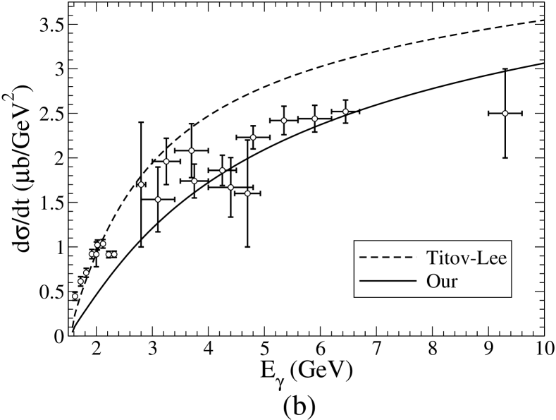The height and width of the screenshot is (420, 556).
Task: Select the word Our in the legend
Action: tap(442, 281)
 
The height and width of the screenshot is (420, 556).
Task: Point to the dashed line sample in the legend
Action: tap(388, 258)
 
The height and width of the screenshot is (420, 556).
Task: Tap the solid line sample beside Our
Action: tap(388, 281)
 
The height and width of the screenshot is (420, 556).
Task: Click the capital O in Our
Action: tap(433, 281)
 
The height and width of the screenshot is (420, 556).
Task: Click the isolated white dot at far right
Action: tap(505, 113)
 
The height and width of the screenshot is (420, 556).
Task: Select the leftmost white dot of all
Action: tap(75, 296)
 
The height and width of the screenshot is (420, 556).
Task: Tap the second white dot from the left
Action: tap(80, 281)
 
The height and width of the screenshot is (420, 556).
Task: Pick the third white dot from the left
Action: tap(86, 272)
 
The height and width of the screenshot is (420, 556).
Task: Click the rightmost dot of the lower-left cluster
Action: tap(114, 254)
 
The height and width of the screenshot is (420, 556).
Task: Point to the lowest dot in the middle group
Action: tap(158, 199)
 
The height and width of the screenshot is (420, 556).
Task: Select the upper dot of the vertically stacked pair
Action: tap(191, 150)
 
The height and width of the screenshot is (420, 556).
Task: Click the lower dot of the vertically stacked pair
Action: tap(194, 181)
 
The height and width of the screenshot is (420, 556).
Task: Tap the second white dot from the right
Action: tap(345, 112)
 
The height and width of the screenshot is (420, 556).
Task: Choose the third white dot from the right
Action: tap(315, 119)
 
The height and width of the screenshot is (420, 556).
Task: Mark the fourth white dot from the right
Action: tap(284, 120)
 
